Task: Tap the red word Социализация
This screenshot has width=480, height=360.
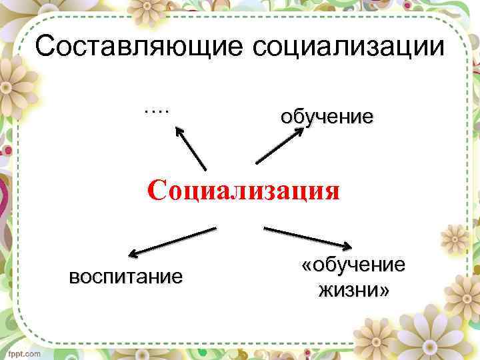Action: [243, 190]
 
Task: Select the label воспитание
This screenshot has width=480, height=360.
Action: [125, 276]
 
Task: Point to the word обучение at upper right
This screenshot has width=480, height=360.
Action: [327, 117]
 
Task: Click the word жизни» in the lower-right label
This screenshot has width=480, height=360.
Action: [353, 291]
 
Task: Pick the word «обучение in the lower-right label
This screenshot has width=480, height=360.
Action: [353, 265]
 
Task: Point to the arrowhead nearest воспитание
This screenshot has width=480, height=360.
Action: [133, 253]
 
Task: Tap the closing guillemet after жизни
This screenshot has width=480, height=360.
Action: [384, 291]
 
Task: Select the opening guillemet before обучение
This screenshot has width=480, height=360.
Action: [307, 265]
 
